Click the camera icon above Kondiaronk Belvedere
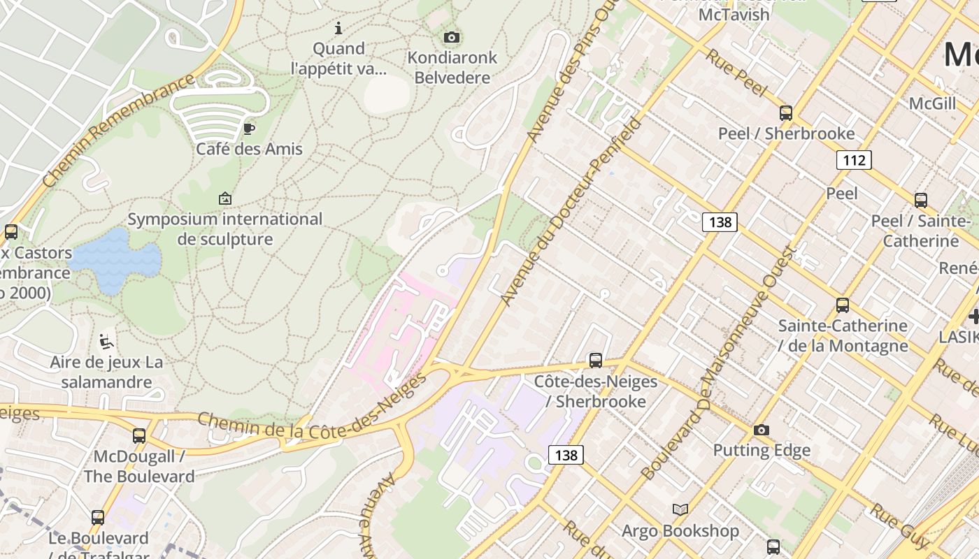coord(452,37)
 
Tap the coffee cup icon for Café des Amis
coord(248,128)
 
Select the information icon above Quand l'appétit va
coord(338,28)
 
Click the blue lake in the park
coord(115,260)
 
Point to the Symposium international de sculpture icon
coord(225,198)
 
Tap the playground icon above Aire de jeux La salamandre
coord(106,342)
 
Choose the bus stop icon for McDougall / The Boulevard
coord(139,436)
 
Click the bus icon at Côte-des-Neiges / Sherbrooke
coord(596,361)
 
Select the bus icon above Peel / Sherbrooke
coord(786,112)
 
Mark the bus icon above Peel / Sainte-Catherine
coord(921,200)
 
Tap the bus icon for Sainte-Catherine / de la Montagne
coord(843,305)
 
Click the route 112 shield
coord(854,161)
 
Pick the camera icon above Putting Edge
coord(762,430)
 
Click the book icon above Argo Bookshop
coord(680,509)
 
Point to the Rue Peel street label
coord(736,72)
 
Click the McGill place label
coord(932,104)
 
